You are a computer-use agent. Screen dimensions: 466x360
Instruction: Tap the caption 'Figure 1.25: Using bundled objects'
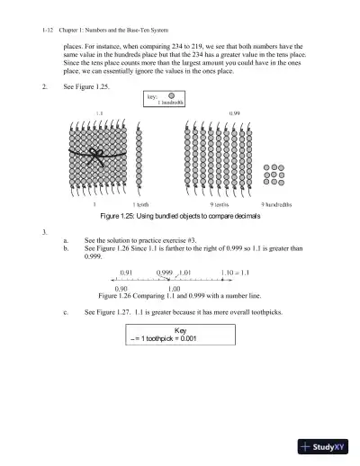(180, 218)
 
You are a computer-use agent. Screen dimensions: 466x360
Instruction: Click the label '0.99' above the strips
(234, 114)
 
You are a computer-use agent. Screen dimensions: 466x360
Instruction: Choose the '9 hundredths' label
(281, 205)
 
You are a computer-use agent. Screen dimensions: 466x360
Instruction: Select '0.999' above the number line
(165, 271)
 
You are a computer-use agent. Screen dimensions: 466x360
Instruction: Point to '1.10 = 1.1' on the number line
(234, 271)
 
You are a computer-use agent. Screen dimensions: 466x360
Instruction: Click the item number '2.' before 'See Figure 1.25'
(45, 87)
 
